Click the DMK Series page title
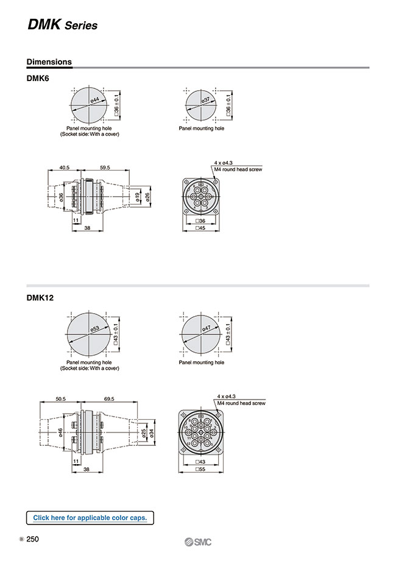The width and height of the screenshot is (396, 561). (x=62, y=25)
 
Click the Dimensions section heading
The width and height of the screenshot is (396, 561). (x=49, y=62)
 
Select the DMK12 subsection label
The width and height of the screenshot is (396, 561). (x=41, y=298)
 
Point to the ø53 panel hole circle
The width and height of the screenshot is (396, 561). (x=89, y=333)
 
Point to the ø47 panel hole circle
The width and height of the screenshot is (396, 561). (x=202, y=333)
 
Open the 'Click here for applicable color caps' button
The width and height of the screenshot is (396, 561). (x=90, y=518)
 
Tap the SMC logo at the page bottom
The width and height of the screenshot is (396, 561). (x=198, y=543)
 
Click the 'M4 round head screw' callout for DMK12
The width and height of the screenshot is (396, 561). (x=241, y=403)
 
